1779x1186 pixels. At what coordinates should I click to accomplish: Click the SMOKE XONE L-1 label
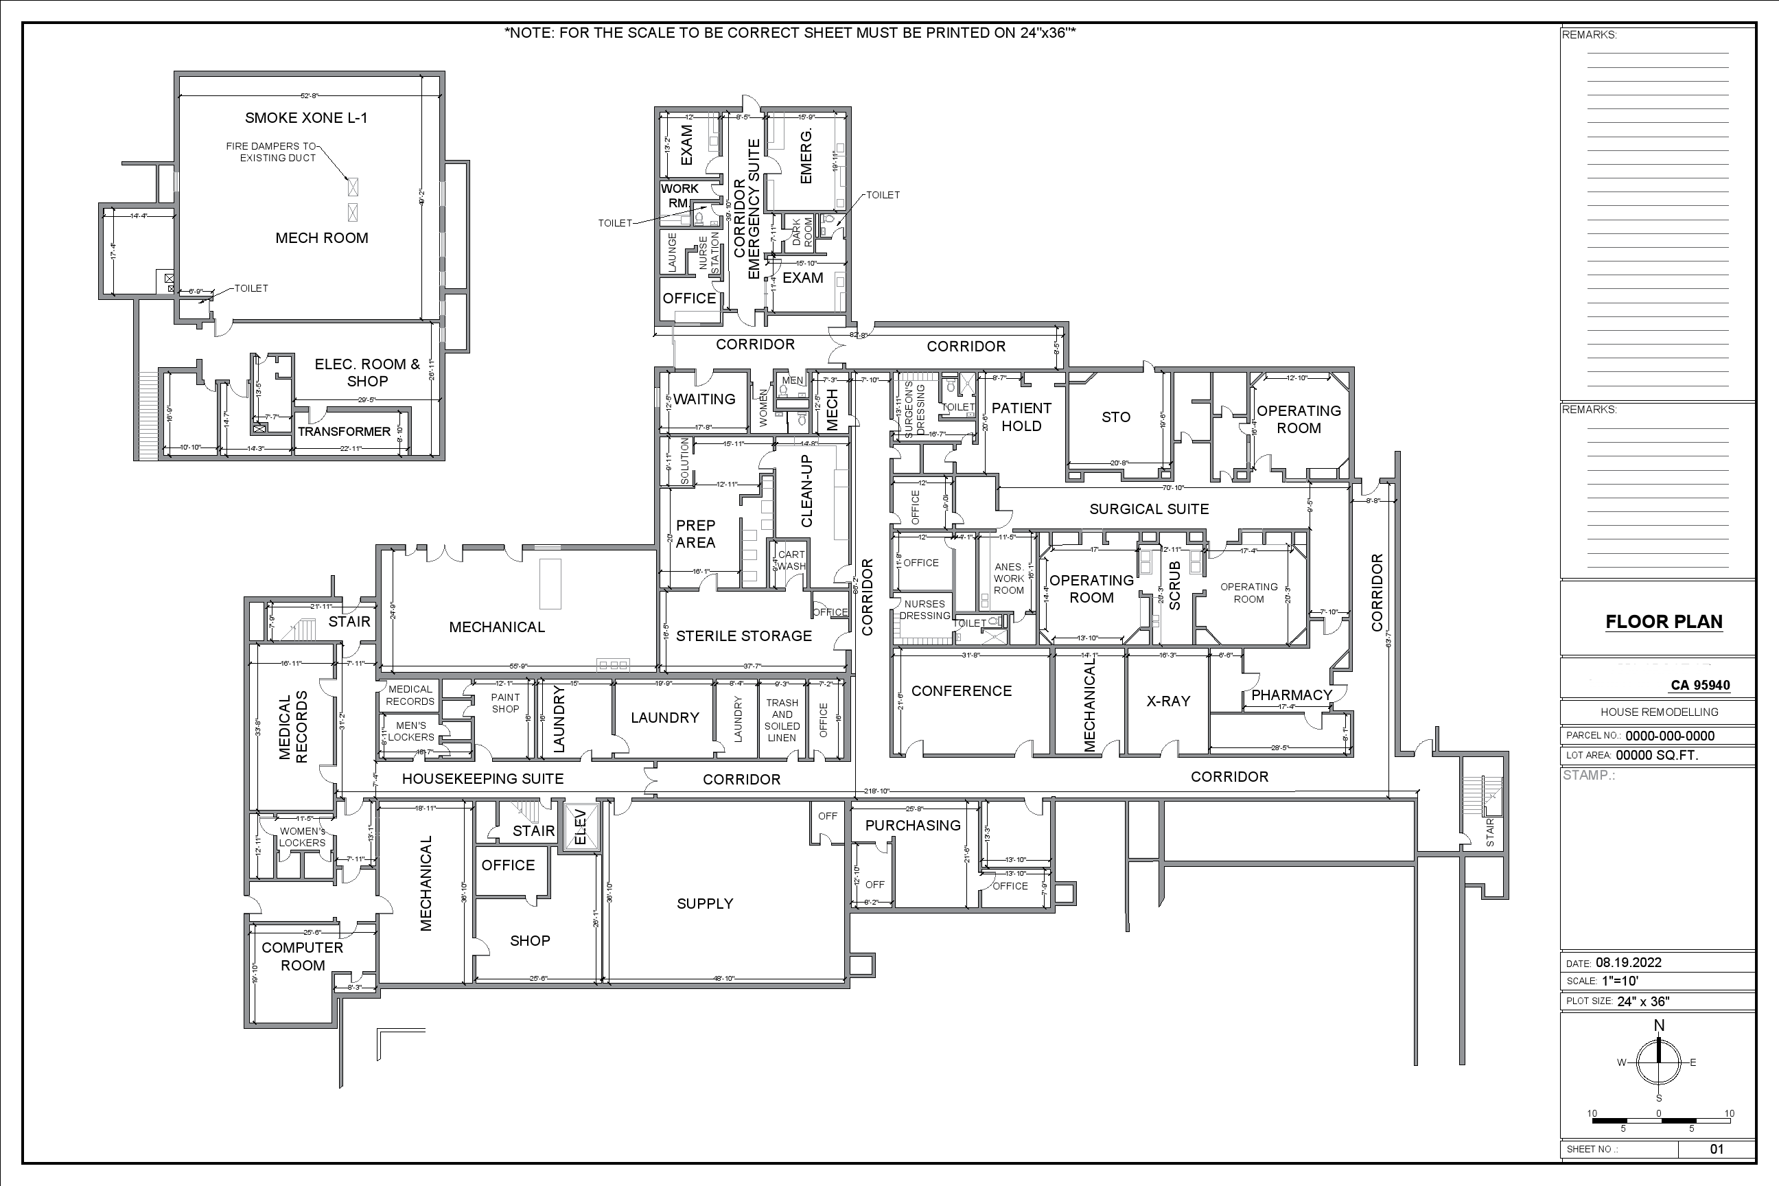[x=305, y=118]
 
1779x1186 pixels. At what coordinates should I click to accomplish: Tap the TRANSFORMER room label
[x=344, y=432]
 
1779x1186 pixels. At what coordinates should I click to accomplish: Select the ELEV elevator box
[x=581, y=827]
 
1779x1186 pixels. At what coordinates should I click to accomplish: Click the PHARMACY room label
[x=1291, y=695]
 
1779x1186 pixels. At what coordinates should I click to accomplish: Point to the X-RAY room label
[x=1168, y=701]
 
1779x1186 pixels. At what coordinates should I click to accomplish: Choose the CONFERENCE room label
[x=961, y=691]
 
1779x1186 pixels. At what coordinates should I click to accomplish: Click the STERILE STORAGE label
[x=743, y=636]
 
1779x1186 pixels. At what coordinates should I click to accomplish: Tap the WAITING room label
[x=704, y=399]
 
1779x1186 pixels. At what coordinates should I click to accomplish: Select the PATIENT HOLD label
[x=1021, y=417]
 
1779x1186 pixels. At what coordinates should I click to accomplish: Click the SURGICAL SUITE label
[x=1148, y=509]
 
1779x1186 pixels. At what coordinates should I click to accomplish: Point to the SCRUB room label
[x=1174, y=585]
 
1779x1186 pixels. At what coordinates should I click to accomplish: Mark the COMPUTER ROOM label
[x=303, y=956]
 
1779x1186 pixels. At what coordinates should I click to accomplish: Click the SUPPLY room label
[x=704, y=904]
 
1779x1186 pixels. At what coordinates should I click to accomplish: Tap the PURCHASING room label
[x=912, y=825]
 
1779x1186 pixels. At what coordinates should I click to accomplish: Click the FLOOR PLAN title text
[x=1663, y=622]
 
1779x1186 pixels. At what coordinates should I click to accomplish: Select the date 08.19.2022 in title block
[x=1629, y=963]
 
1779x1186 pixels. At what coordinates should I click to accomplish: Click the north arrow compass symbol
[x=1659, y=1062]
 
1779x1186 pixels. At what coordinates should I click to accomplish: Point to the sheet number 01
[x=1717, y=1149]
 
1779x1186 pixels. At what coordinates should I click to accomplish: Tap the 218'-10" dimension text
[x=876, y=791]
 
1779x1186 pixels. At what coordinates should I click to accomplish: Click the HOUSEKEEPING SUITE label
[x=482, y=779]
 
